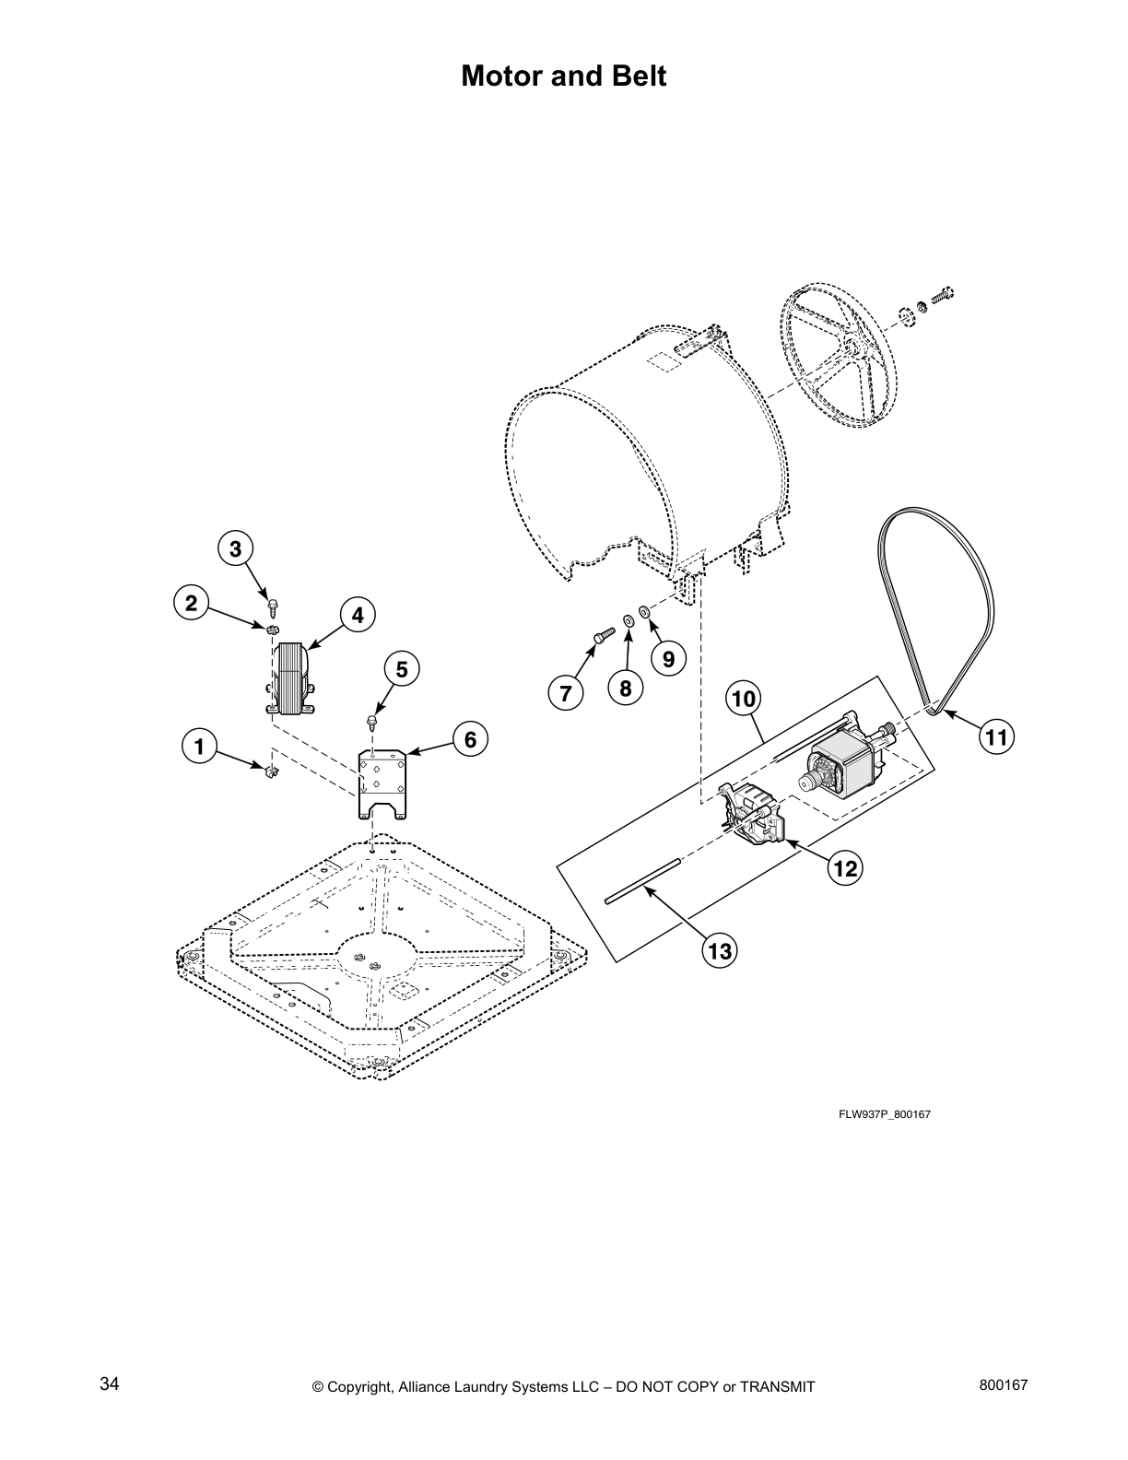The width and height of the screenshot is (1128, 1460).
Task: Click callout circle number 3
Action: pyautogui.click(x=236, y=549)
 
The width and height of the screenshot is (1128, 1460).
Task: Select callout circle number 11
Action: pyautogui.click(x=997, y=736)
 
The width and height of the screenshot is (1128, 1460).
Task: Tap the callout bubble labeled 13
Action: pyautogui.click(x=720, y=950)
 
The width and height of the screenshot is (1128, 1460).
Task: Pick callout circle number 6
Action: pyautogui.click(x=470, y=739)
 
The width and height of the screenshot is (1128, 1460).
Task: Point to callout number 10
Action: pyautogui.click(x=744, y=700)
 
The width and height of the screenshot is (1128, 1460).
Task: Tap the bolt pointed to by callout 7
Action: pyautogui.click(x=600, y=635)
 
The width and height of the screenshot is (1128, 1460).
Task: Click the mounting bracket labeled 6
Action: pyautogui.click(x=382, y=784)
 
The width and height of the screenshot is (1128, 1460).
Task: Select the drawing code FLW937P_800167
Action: pyautogui.click(x=885, y=1114)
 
